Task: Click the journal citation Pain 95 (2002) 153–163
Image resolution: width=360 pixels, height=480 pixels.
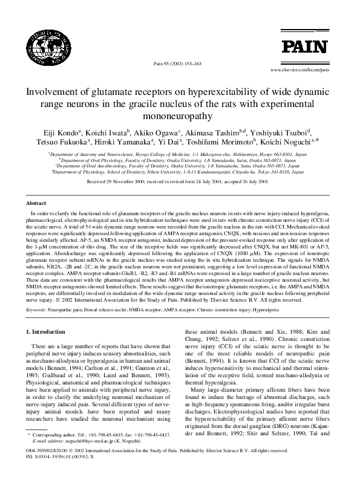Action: tap(180, 63)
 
